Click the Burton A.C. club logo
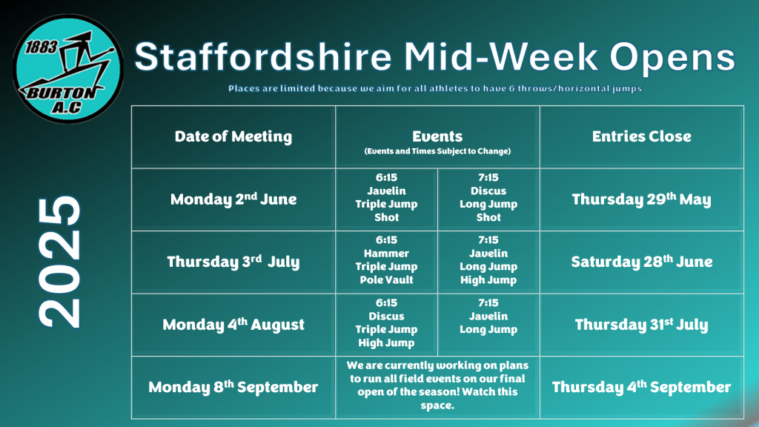67,69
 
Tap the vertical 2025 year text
59,262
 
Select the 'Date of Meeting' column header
233,136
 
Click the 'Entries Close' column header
641,136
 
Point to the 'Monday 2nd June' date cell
233,199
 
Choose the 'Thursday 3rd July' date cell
233,262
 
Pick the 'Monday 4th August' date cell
233,324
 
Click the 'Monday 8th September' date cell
233,387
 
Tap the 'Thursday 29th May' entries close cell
641,199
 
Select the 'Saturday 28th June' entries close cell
641,262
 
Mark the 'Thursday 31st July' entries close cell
641,324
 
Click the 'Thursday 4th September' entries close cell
641,387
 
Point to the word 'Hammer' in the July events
386,254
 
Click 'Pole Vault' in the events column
386,279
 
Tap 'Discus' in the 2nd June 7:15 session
488,191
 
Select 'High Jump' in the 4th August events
386,342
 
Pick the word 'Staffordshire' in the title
263,56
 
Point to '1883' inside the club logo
42,47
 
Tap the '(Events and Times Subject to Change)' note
437,151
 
